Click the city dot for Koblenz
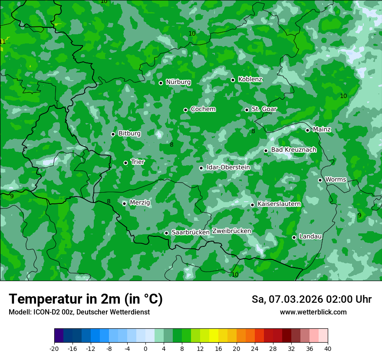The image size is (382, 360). (x=233, y=80)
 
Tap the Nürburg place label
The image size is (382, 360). (x=178, y=82)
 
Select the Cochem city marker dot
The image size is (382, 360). (x=185, y=110)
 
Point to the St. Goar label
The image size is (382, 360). (x=264, y=109)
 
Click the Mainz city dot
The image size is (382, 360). (x=307, y=130)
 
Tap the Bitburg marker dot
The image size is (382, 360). (x=113, y=134)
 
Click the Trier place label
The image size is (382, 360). (x=138, y=162)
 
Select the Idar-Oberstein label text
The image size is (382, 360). (x=228, y=167)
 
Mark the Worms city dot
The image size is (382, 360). (x=320, y=180)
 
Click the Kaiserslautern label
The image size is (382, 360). (x=279, y=203)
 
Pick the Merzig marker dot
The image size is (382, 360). (x=124, y=203)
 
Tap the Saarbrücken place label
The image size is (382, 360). (x=191, y=232)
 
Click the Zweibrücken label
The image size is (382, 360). (x=232, y=231)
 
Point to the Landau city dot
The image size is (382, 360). (x=294, y=237)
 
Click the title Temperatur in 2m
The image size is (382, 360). (x=86, y=299)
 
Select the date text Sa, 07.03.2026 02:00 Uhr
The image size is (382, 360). (x=311, y=299)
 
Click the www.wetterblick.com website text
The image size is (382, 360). (x=313, y=312)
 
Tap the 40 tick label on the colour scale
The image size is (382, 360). (x=328, y=348)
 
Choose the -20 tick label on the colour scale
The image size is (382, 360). (x=54, y=348)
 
